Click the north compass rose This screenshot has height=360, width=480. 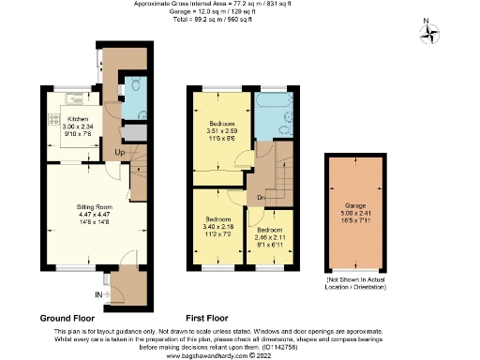[431, 34]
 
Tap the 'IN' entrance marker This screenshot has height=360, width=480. [99, 295]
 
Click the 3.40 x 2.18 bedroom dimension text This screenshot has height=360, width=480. [217, 226]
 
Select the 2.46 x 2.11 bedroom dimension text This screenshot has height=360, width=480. [270, 238]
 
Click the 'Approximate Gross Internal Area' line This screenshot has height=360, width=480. [239, 4]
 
